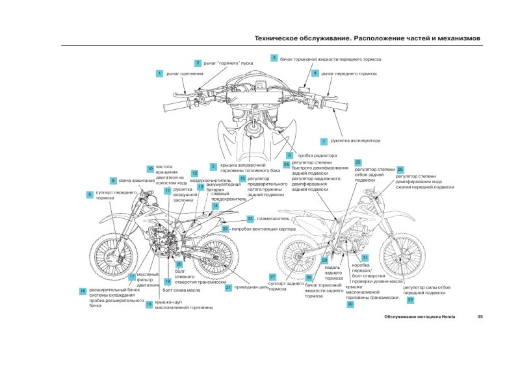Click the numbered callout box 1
pos(159,73)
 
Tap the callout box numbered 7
pos(323,141)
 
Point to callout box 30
pos(350,304)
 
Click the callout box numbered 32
pos(410,300)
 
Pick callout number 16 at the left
pos(83,291)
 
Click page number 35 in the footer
pos(480,317)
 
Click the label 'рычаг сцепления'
pos(185,73)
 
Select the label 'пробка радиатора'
pos(317,156)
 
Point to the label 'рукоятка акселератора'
pos(355,141)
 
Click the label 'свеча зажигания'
pos(136,180)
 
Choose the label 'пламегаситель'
pos(273,219)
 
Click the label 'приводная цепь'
pos(251,286)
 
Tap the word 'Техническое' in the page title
pos(284,38)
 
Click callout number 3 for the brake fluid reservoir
pos(274,58)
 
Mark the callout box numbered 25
pos(357,162)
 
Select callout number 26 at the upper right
pos(400,169)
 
